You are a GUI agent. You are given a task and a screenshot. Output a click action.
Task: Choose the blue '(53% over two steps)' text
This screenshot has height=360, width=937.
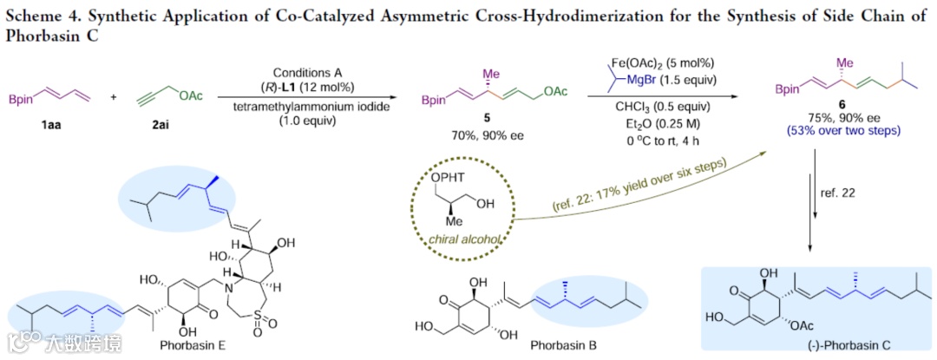(x=847, y=130)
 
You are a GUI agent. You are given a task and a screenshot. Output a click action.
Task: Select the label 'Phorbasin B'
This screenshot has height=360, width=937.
(x=565, y=345)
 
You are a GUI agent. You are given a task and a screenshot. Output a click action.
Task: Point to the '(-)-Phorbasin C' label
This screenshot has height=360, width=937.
(x=816, y=345)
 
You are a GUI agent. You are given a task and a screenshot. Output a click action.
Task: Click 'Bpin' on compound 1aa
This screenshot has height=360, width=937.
(x=21, y=102)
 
